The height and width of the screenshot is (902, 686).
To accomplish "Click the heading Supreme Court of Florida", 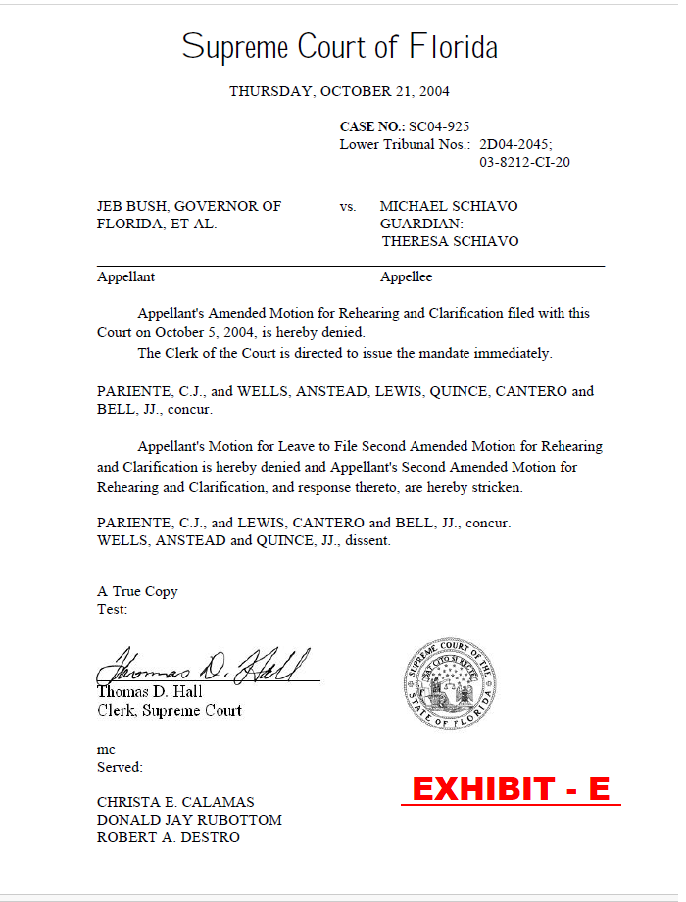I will [339, 47].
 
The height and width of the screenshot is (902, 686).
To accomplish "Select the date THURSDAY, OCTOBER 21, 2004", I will [339, 91].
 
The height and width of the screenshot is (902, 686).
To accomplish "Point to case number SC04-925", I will [439, 126].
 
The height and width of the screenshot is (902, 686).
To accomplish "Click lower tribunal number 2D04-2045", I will [515, 144].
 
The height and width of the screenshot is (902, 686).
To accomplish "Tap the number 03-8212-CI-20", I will [524, 162].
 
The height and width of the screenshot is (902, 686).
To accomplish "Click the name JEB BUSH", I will [131, 206].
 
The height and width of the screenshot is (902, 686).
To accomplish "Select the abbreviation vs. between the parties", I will [348, 207].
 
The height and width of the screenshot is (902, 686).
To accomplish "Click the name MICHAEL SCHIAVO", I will [449, 206].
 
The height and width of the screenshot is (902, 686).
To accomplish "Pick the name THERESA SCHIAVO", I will [450, 241].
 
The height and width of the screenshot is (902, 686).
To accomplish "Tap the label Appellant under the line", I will [125, 277].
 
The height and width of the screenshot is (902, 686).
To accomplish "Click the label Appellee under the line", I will [406, 277].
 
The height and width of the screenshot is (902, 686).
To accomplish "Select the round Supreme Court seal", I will [450, 685].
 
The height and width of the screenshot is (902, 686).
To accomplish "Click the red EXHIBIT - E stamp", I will [511, 788].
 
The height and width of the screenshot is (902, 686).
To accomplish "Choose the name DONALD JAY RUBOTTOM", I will [189, 820].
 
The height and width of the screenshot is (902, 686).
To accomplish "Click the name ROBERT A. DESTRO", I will [168, 837].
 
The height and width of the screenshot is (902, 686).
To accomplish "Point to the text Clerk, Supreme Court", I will [170, 710].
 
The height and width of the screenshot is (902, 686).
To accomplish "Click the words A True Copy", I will [137, 591].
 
